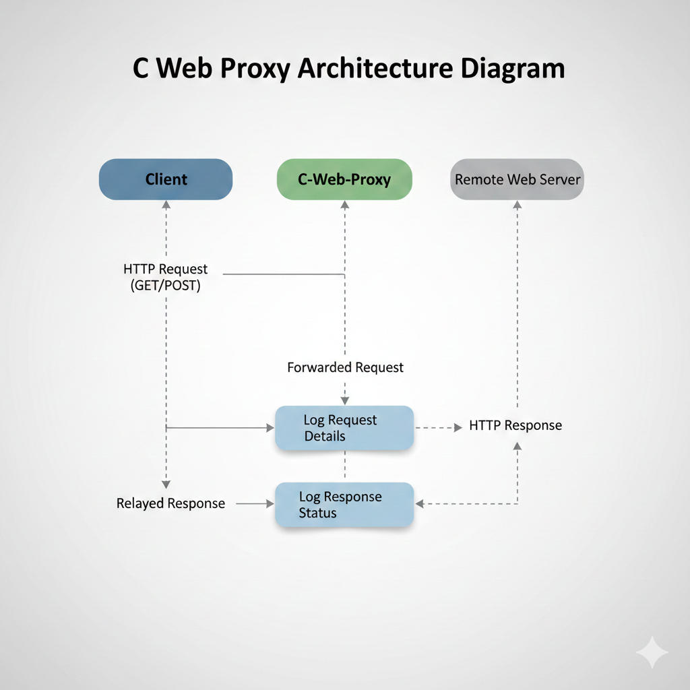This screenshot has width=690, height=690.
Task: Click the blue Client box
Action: [x=166, y=179]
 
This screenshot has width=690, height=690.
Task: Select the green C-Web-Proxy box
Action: [x=344, y=179]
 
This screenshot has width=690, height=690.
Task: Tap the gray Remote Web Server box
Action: [x=517, y=179]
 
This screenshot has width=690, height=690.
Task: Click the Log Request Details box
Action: [x=344, y=428]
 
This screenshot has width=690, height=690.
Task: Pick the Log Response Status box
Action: [x=344, y=505]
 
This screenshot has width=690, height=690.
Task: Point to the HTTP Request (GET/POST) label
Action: [x=166, y=277]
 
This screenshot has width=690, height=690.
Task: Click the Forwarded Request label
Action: [x=345, y=367]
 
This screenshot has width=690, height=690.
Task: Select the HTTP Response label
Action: [x=515, y=425]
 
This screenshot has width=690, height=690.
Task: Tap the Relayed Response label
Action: [x=170, y=503]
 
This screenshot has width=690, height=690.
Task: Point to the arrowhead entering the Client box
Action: [x=166, y=204]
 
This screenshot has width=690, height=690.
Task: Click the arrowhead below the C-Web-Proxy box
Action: [x=345, y=204]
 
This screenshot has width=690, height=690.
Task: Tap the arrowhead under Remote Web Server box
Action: [x=517, y=204]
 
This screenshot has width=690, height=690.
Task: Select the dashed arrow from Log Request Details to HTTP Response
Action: [x=438, y=427]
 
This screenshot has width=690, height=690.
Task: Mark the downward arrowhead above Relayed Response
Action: [x=166, y=484]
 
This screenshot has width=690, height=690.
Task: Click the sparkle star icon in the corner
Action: [x=652, y=652]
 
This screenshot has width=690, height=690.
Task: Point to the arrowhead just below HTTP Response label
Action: [x=517, y=445]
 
